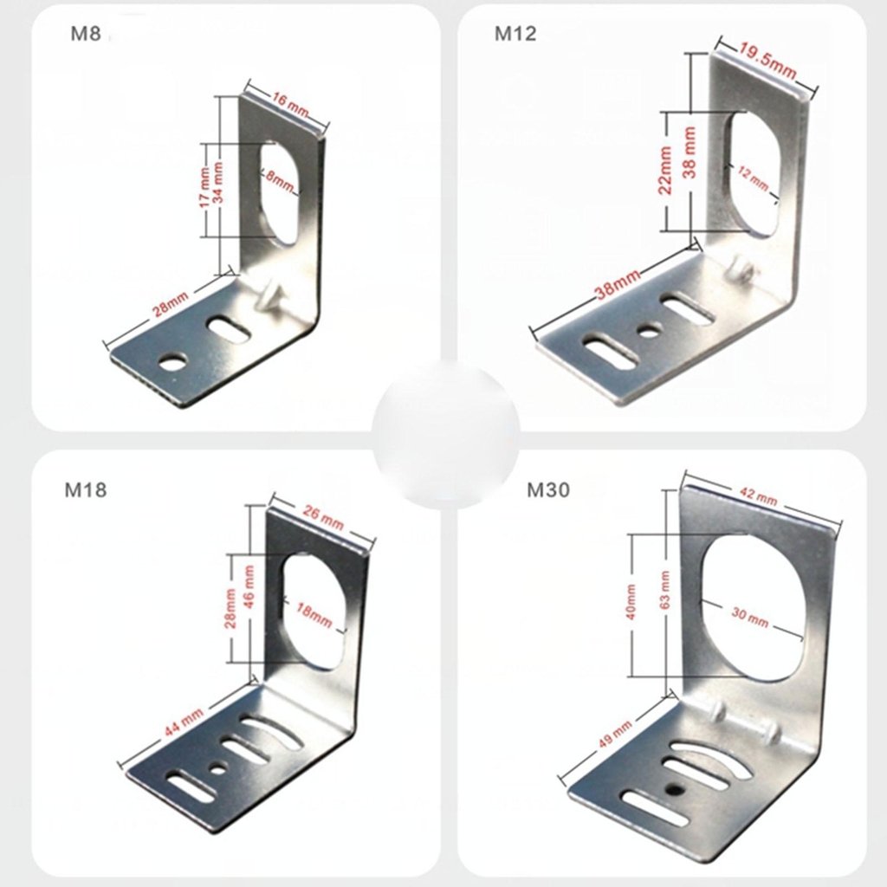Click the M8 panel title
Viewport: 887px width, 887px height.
(x=86, y=34)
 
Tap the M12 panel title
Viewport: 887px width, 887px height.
(x=515, y=34)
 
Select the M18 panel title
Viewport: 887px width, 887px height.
(x=86, y=490)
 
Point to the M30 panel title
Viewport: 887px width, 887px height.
(x=548, y=490)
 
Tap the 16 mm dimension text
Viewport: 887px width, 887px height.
(x=289, y=104)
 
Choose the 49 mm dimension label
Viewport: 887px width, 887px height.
(x=616, y=733)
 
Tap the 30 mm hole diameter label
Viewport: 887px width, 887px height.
(x=749, y=617)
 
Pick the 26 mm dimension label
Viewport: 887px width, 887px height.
(x=323, y=518)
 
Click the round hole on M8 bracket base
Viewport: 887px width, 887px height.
(x=173, y=362)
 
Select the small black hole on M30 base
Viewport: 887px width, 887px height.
(x=672, y=789)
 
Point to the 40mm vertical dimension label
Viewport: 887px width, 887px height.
(x=631, y=601)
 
